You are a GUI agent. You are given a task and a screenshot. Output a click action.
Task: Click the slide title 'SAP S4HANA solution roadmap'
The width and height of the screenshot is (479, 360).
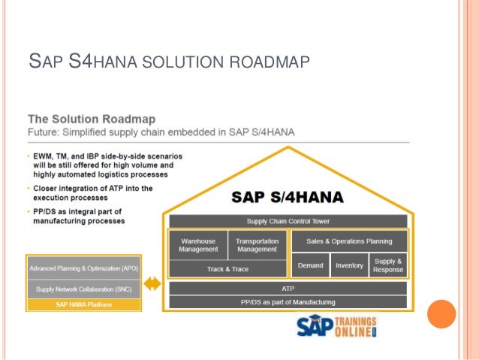click(x=167, y=59)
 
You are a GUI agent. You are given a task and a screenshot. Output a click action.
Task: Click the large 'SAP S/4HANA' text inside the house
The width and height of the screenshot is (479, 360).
click(x=287, y=198)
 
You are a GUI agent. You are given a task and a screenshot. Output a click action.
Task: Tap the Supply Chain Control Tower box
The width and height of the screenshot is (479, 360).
click(x=288, y=221)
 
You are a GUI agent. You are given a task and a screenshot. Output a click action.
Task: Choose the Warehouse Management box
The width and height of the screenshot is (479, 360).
click(x=198, y=245)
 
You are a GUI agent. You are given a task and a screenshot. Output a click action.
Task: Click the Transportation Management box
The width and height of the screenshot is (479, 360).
click(x=257, y=245)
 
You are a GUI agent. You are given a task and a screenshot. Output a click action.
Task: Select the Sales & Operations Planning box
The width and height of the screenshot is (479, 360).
click(x=348, y=241)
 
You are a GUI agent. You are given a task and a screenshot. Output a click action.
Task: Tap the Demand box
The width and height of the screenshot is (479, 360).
click(x=310, y=265)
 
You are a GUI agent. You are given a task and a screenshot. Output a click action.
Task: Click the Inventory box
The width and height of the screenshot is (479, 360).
click(x=349, y=265)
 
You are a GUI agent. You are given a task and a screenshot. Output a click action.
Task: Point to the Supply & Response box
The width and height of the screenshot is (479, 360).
click(x=388, y=265)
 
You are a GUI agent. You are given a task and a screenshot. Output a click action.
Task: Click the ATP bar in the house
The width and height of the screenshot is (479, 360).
click(x=288, y=288)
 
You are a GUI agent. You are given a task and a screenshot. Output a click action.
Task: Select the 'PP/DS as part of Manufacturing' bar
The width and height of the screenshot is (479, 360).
click(x=288, y=302)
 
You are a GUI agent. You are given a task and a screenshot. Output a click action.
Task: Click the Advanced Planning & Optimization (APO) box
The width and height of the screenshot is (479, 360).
click(x=83, y=268)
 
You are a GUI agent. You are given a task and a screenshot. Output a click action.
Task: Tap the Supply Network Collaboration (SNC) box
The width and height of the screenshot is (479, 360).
click(x=83, y=289)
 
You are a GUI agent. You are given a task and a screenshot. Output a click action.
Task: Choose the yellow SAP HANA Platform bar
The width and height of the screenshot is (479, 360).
click(x=83, y=304)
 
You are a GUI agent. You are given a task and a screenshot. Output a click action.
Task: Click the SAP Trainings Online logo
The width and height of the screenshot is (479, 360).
click(x=336, y=328)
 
